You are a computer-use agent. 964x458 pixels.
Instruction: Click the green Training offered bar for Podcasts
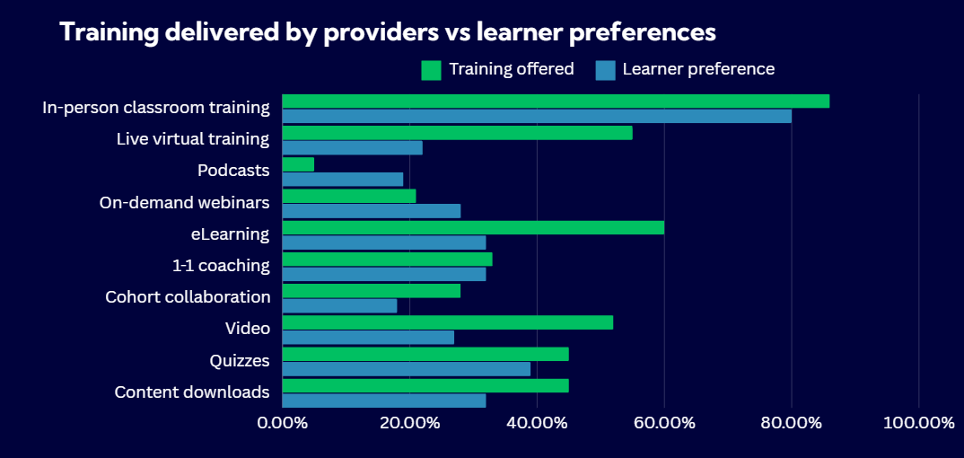click(298, 164)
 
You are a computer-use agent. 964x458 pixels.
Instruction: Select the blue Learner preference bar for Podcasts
click(343, 180)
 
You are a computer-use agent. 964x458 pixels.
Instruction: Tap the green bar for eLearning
click(473, 227)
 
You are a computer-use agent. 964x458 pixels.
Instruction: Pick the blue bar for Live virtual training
click(352, 148)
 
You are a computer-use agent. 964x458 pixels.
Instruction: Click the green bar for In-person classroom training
click(556, 101)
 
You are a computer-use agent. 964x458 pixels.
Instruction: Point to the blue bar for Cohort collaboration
click(339, 305)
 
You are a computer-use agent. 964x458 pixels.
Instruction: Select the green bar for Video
click(447, 321)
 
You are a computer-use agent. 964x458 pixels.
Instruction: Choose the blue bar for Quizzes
click(406, 369)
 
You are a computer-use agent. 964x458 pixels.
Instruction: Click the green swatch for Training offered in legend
click(431, 70)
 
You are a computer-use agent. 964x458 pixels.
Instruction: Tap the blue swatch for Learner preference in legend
click(605, 70)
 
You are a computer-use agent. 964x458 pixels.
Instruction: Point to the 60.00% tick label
click(664, 423)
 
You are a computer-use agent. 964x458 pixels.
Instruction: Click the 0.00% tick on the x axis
click(283, 423)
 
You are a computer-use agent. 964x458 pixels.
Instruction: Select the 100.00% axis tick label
click(918, 423)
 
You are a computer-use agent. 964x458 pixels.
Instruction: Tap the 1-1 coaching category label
click(221, 266)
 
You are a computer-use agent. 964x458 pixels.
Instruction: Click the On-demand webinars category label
click(184, 203)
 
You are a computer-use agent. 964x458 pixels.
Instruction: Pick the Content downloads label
click(192, 392)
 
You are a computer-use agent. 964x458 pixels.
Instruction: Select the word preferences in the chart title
click(644, 33)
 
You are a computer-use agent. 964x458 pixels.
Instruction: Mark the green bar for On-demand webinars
click(349, 196)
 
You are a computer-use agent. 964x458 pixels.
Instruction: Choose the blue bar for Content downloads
click(384, 401)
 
